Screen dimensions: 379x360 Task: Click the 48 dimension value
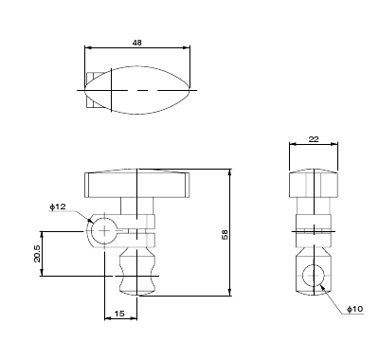click(x=137, y=43)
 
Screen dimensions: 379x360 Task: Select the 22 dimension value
click(x=314, y=139)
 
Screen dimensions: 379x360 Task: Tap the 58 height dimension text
click(x=225, y=234)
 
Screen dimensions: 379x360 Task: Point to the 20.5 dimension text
click(x=37, y=254)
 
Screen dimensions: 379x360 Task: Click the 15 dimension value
click(x=119, y=314)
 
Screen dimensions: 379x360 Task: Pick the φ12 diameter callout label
click(x=58, y=207)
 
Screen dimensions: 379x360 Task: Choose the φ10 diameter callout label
click(x=355, y=309)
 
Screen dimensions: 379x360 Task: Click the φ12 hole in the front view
click(x=104, y=231)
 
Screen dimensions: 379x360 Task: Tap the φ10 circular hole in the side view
click(x=314, y=276)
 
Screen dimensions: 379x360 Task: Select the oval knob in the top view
click(x=137, y=90)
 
